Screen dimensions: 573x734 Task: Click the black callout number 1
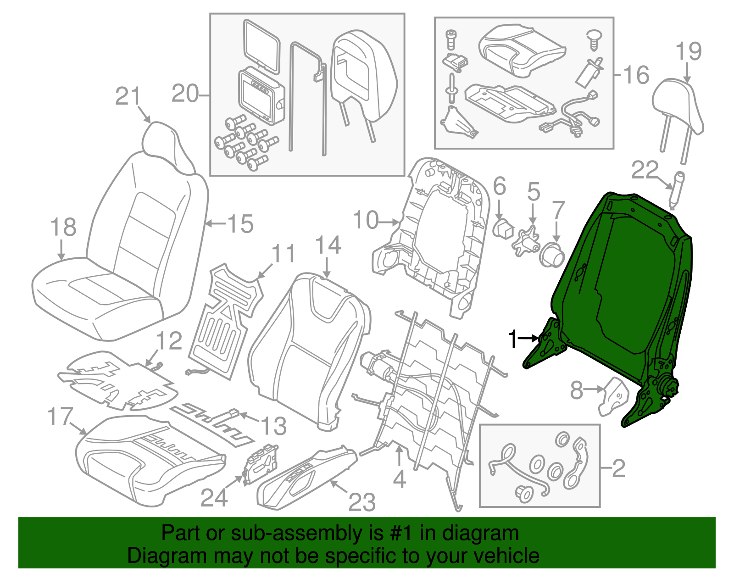[x=513, y=340]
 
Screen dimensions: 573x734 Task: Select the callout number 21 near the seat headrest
[x=128, y=96]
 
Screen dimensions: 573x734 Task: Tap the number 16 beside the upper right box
[x=636, y=75]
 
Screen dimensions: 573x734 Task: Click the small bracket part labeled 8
[x=613, y=396]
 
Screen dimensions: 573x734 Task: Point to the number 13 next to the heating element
[x=274, y=426]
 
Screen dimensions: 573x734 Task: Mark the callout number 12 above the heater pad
[x=169, y=341]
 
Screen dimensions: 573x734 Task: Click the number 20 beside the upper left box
[x=185, y=94]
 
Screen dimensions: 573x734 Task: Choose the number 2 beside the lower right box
[x=619, y=468]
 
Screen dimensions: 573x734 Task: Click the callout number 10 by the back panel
[x=366, y=220]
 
